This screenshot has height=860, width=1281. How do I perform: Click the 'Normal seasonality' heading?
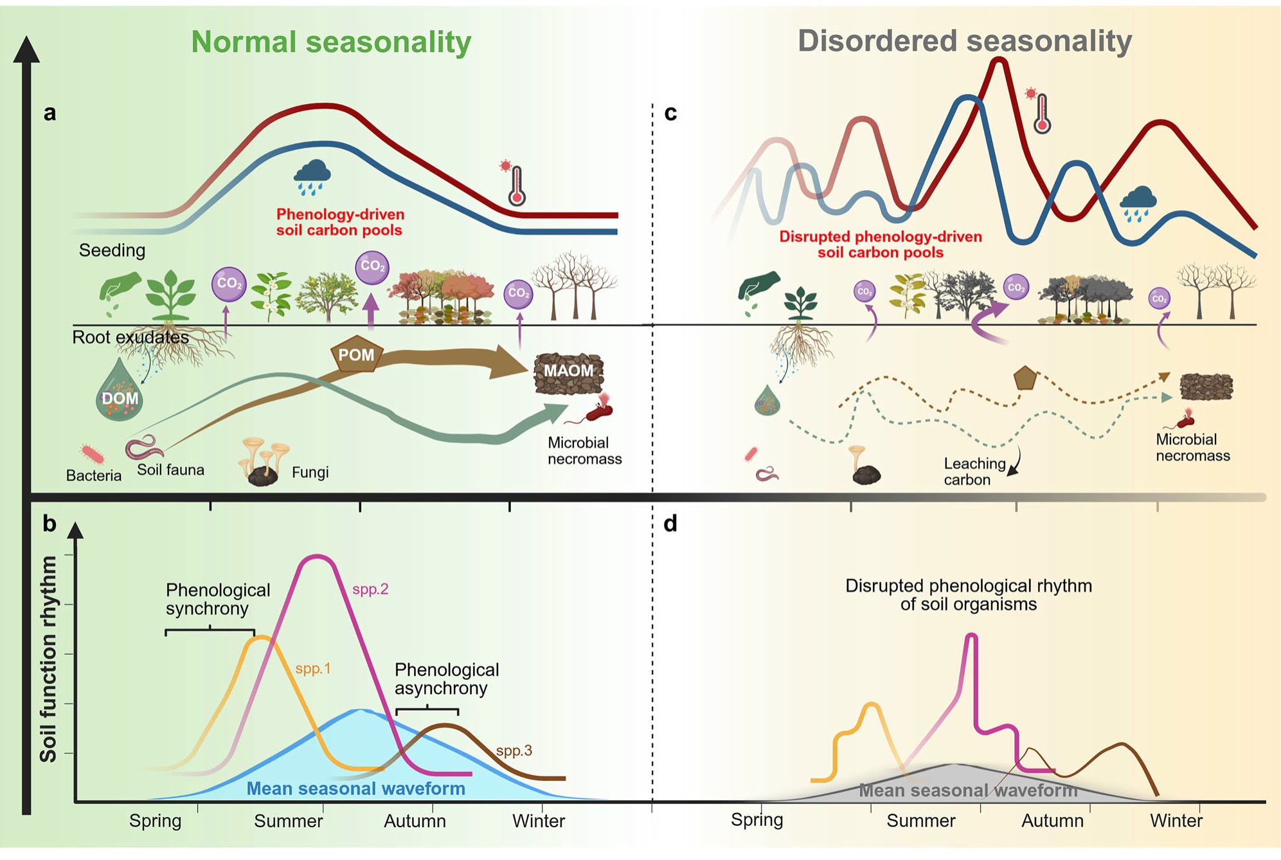[x=331, y=42]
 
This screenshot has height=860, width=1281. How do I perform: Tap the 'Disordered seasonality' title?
[x=964, y=41]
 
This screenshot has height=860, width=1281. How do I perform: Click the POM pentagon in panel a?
[x=356, y=354]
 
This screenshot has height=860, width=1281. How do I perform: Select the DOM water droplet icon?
[x=120, y=392]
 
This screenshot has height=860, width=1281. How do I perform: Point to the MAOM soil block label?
[x=568, y=371]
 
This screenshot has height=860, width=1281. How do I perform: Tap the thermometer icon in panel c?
[x=1041, y=113]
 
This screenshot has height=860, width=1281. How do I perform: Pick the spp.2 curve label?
[x=370, y=589]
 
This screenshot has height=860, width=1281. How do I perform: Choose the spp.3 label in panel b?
[x=514, y=751]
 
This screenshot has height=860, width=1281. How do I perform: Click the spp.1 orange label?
[x=313, y=669]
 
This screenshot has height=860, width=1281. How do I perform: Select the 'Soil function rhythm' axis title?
[x=48, y=659]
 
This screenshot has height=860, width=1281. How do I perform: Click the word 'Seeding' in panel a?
[x=112, y=250]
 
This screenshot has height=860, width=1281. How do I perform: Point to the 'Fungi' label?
[x=310, y=473]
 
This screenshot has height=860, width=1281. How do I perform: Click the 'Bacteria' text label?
[x=94, y=475]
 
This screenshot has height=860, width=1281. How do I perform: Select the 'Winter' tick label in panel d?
[x=1176, y=821]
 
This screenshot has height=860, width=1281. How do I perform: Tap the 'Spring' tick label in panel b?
[x=155, y=821]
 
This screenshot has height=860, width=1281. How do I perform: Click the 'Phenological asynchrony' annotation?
[x=447, y=679]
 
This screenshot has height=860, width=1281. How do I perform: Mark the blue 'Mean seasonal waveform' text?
[x=356, y=789]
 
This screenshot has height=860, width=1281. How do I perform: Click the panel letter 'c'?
[x=670, y=113]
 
